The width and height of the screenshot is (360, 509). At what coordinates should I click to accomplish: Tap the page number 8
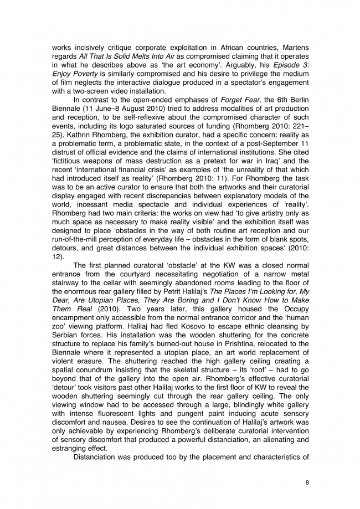307,482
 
